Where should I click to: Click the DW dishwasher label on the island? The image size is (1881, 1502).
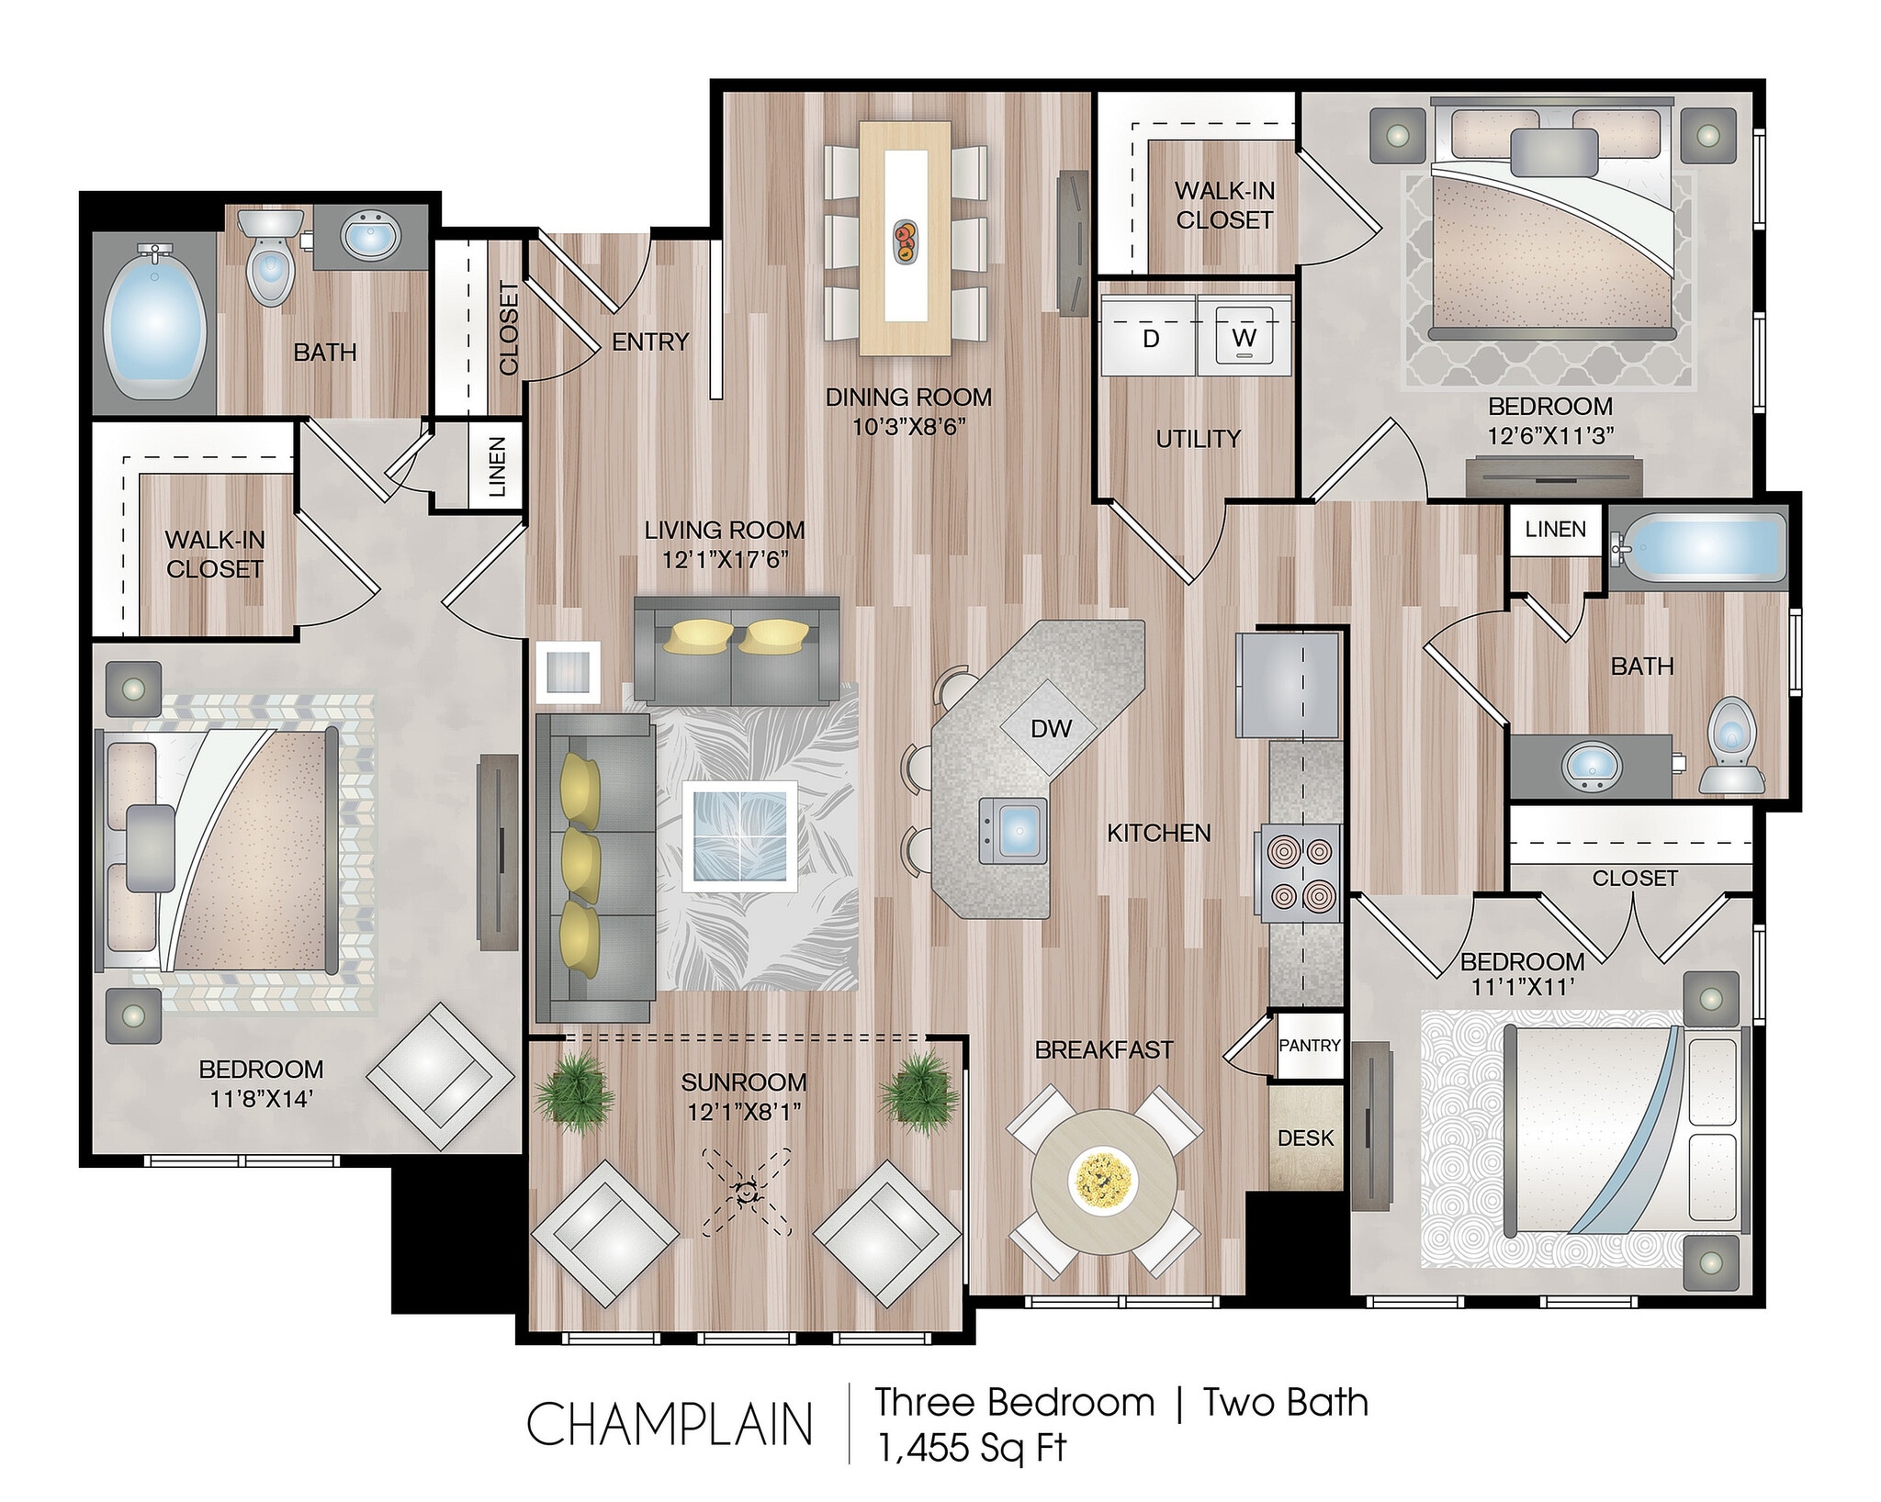[1051, 729]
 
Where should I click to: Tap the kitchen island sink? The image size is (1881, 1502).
[1013, 830]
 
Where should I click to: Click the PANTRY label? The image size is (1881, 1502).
[1310, 1045]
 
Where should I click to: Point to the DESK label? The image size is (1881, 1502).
[1305, 1138]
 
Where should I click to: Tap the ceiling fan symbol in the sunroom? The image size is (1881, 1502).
[746, 1192]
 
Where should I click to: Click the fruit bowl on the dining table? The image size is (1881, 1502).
[906, 241]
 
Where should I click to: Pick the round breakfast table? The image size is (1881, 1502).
[1104, 1183]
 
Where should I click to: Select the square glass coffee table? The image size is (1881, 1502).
[740, 835]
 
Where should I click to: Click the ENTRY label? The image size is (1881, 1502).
[650, 342]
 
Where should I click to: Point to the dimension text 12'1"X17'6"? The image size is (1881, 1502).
[726, 559]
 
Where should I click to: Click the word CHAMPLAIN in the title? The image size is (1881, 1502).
[670, 1424]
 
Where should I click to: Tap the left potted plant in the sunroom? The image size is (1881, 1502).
[574, 1088]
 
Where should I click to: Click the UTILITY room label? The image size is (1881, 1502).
[1198, 439]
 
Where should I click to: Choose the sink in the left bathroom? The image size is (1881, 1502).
[370, 235]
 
